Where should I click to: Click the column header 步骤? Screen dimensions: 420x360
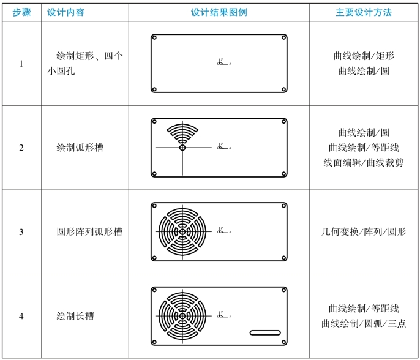pyautogui.click(x=21, y=12)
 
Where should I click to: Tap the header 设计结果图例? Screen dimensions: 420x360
pyautogui.click(x=219, y=12)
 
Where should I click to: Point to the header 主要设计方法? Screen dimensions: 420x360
pyautogui.click(x=364, y=12)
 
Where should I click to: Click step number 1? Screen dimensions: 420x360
pyautogui.click(x=21, y=64)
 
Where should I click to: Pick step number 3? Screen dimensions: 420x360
pyautogui.click(x=21, y=232)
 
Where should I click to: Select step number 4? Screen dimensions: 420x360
pyautogui.click(x=21, y=317)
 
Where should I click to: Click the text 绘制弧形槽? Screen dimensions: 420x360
pyautogui.click(x=80, y=148)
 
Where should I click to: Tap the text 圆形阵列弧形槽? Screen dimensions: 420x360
pyautogui.click(x=89, y=232)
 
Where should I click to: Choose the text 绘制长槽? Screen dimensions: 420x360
pyautogui.click(x=75, y=317)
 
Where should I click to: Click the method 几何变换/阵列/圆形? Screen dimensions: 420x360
pyautogui.click(x=364, y=232)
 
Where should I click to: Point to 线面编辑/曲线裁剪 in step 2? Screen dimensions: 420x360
pyautogui.click(x=364, y=162)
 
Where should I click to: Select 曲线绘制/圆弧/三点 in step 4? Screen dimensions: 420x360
pyautogui.click(x=364, y=323)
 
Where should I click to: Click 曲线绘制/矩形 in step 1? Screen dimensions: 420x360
pyautogui.click(x=364, y=56)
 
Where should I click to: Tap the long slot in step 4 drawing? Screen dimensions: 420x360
pyautogui.click(x=264, y=332)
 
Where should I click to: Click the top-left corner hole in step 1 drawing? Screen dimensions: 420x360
pyautogui.click(x=155, y=37)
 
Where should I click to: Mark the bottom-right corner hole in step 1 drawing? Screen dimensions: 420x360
pyautogui.click(x=283, y=89)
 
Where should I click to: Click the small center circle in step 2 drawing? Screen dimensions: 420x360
pyautogui.click(x=182, y=148)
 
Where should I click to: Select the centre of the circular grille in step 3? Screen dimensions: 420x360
pyautogui.click(x=182, y=232)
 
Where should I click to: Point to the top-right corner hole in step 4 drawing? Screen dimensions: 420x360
pyautogui.click(x=283, y=291)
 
